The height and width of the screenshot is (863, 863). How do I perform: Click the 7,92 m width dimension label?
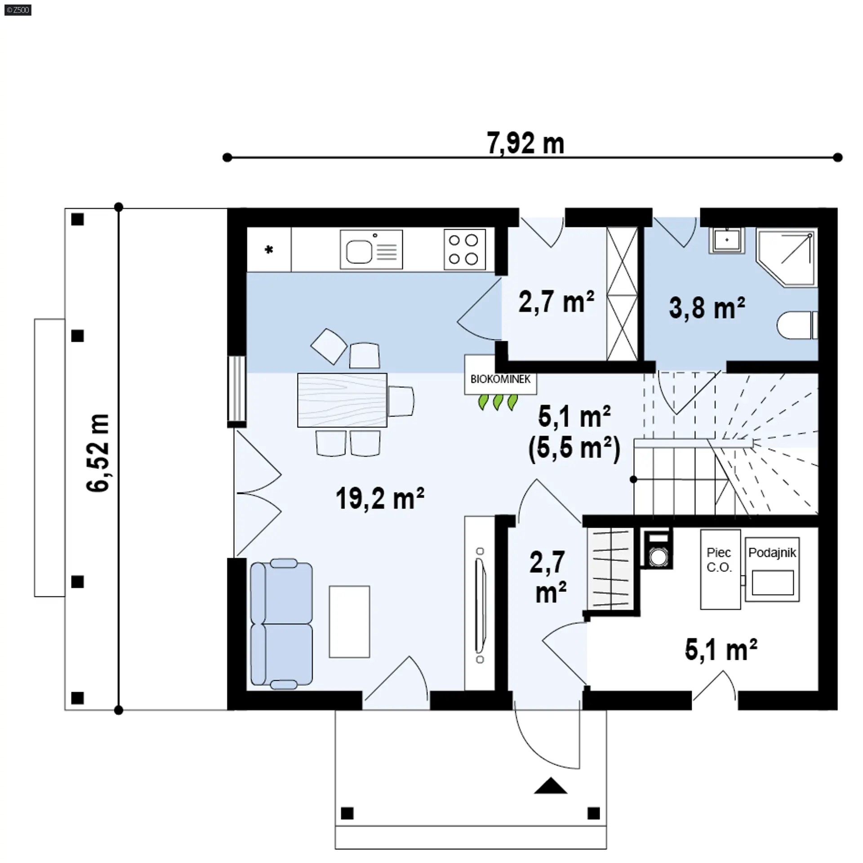525,143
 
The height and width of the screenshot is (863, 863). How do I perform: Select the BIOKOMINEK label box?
501,375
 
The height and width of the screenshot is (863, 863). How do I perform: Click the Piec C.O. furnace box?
720,569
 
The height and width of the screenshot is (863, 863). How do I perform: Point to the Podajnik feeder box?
772,569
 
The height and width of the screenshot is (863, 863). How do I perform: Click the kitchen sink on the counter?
371,250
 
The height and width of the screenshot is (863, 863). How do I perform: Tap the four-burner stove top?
464,250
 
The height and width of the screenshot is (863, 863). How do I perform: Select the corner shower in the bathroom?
786,257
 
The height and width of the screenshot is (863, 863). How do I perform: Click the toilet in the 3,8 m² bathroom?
797,325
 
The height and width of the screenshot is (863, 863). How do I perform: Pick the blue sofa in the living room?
281,624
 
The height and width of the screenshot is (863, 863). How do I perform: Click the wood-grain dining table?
342,400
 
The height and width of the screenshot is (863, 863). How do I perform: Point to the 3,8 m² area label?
707,308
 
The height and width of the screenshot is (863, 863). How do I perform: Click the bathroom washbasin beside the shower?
726,240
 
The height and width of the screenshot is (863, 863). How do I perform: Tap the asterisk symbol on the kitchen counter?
269,249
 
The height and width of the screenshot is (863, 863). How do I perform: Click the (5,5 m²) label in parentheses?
574,449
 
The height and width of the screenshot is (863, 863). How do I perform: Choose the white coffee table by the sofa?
349,622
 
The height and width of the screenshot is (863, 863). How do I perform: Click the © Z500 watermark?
18,10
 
